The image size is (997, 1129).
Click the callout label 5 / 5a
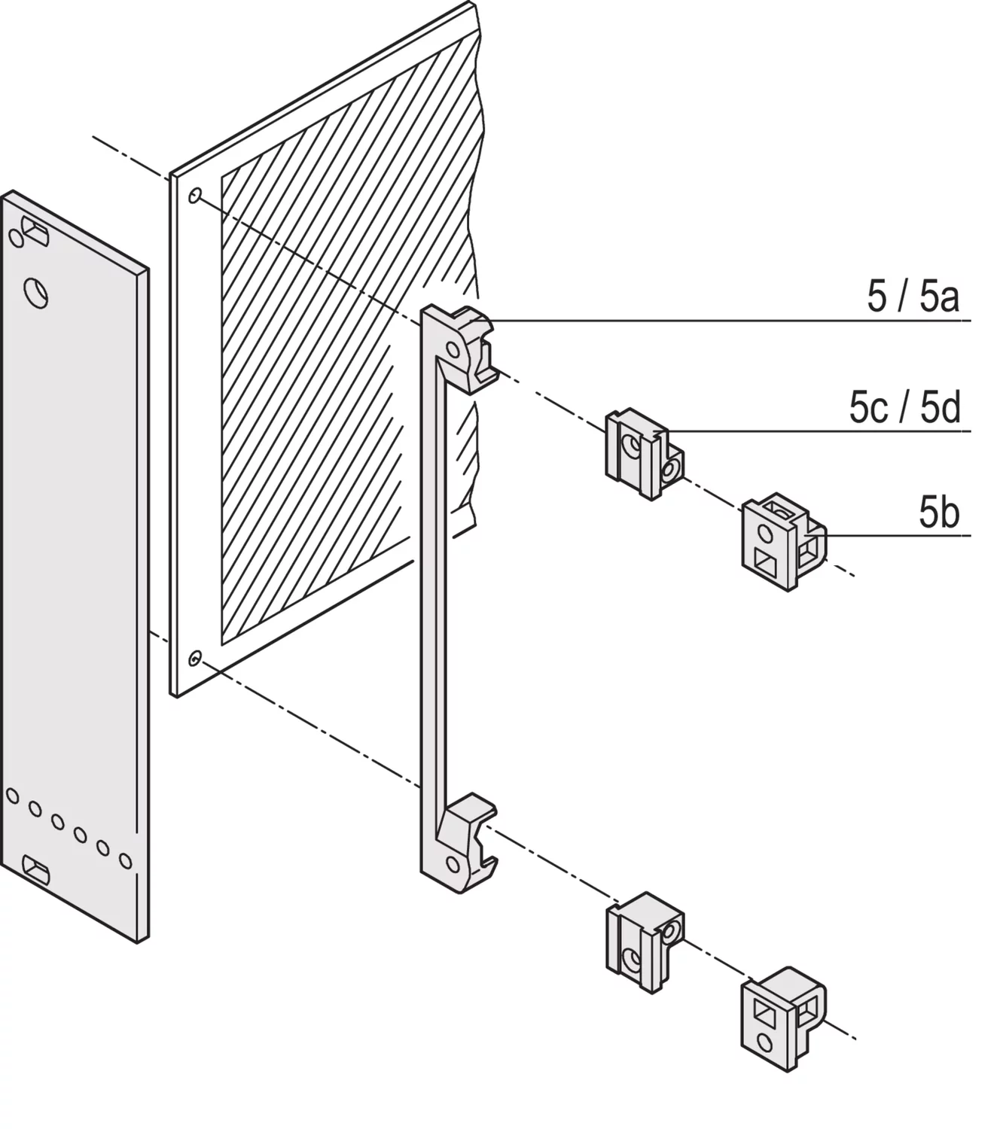click(x=913, y=296)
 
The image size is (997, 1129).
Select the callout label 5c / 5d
click(x=904, y=407)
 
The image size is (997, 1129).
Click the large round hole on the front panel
click(x=35, y=292)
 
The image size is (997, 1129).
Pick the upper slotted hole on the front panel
click(x=35, y=232)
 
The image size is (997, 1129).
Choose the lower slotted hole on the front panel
click(x=35, y=870)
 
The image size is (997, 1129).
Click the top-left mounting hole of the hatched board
click(x=195, y=196)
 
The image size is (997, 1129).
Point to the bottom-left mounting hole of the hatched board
click(x=194, y=658)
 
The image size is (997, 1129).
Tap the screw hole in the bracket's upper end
click(x=453, y=350)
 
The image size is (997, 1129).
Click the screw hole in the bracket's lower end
click(x=453, y=864)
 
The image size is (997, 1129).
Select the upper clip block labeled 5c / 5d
click(x=645, y=454)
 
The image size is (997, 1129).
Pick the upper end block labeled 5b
click(x=783, y=542)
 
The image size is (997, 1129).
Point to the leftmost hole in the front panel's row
click(x=12, y=796)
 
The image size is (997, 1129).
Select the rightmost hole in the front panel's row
click(x=126, y=861)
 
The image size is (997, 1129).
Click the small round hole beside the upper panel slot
click(x=17, y=239)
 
